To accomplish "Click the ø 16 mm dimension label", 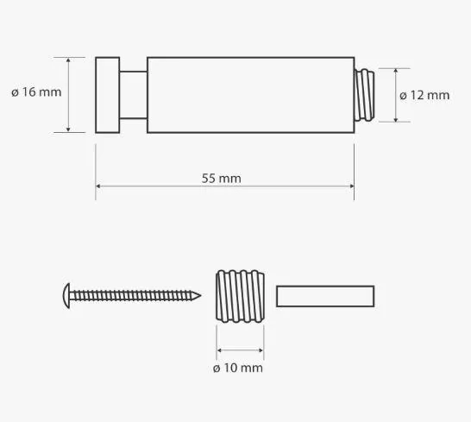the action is click(36, 92).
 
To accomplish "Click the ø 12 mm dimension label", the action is click(424, 95).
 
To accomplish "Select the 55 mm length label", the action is click(222, 179).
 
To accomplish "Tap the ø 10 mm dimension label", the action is click(238, 368).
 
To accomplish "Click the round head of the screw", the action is click(66, 296).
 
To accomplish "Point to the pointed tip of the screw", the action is click(200, 296).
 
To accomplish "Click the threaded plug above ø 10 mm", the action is click(241, 296).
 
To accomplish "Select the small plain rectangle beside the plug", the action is click(325, 296).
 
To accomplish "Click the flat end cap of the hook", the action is click(108, 95).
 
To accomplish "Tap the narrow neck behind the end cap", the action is click(134, 95).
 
